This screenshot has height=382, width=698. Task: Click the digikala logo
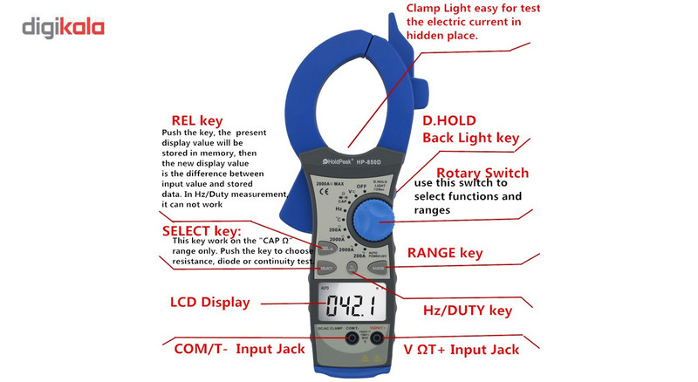pos(63,26)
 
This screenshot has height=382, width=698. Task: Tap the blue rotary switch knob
pos(374,213)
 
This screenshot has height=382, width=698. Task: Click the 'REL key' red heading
pos(196,120)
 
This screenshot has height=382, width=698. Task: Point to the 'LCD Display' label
pos(209,303)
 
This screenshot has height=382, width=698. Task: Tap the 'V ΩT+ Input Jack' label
pos(462,350)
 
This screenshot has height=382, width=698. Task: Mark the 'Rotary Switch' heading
pos(482,172)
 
